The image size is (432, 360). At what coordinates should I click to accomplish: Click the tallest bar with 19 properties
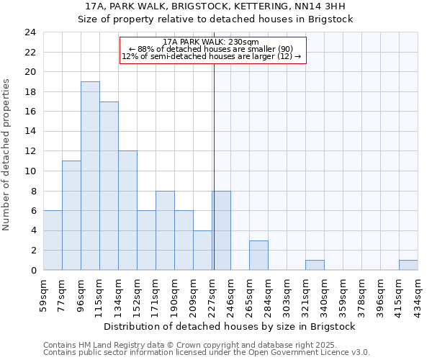tap(90, 176)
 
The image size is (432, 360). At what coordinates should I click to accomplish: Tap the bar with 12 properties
tap(127, 210)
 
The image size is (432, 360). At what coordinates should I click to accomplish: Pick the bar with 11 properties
tap(71, 215)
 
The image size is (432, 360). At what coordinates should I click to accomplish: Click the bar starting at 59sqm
tap(53, 240)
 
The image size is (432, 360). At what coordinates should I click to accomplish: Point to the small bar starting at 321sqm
tap(315, 265)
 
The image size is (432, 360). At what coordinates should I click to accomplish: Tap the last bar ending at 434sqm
tap(408, 265)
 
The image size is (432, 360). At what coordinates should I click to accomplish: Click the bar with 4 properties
tap(202, 250)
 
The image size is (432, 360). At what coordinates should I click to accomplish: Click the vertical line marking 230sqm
tap(214, 166)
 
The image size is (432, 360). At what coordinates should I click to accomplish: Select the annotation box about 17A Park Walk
tap(213, 50)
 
